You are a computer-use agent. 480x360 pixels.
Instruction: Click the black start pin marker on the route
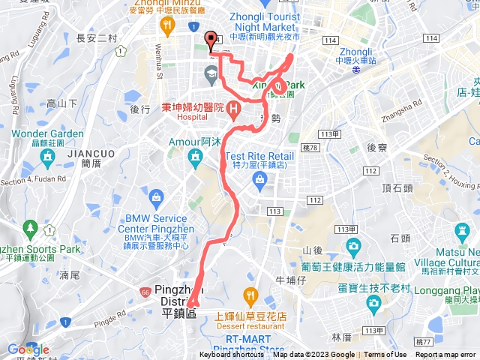[211, 40]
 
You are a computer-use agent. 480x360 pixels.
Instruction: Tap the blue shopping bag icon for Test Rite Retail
[259, 178]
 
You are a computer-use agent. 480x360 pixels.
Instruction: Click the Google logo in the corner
[28, 349]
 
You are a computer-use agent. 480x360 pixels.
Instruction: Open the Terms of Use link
[385, 355]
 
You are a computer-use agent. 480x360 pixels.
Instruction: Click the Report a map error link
[447, 355]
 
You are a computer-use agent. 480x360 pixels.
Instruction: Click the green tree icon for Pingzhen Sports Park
[31, 226]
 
